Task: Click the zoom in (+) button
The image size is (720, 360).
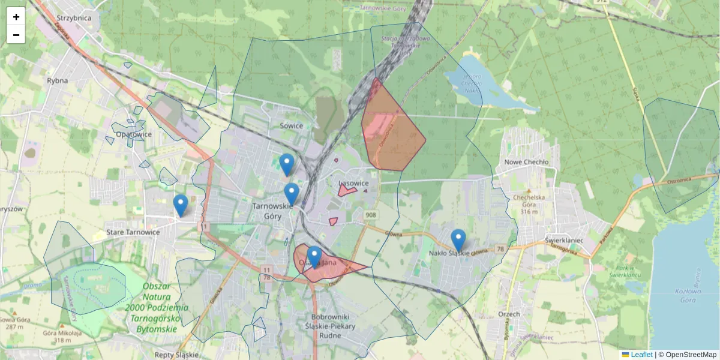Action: tap(16, 17)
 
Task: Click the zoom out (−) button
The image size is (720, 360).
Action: tap(16, 35)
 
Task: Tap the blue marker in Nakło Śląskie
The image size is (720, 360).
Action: tap(458, 240)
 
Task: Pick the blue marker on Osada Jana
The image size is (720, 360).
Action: tap(314, 257)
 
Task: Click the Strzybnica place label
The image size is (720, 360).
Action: tap(73, 18)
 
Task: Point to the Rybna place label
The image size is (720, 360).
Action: tap(58, 80)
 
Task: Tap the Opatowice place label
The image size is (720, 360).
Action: tap(134, 134)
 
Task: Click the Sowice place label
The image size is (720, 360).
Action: tap(291, 126)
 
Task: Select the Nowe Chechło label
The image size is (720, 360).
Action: tap(527, 162)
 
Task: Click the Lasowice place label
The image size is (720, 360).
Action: tap(353, 183)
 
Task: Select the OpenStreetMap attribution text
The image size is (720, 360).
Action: tap(691, 355)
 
